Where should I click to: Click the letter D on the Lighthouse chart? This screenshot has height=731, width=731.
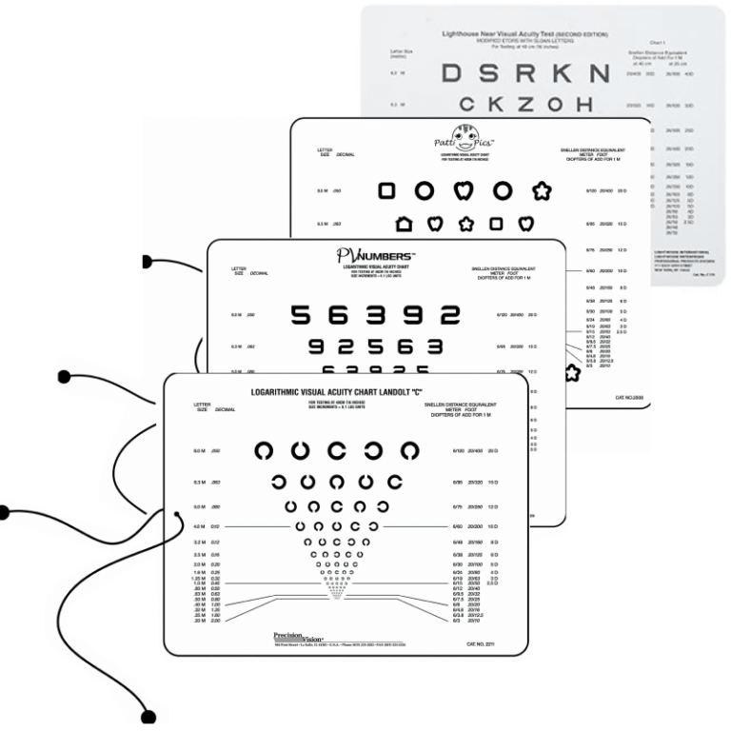452,74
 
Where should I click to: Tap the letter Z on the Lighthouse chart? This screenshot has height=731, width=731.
534,104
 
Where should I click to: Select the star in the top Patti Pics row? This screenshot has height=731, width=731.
543,191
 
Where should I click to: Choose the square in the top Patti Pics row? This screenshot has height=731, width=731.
387,191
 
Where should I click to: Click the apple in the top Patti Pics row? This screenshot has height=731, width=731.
464,191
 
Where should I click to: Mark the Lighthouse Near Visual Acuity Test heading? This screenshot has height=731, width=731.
505,34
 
